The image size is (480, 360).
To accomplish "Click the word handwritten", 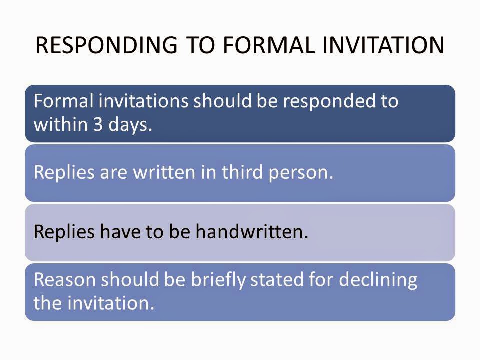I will point(252,232).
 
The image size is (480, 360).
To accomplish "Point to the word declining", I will point(378,279).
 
